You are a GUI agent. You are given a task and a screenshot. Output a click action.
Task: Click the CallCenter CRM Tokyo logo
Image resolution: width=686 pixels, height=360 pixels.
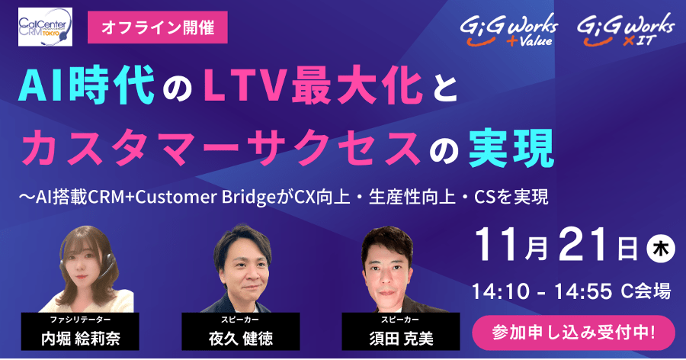[45, 27]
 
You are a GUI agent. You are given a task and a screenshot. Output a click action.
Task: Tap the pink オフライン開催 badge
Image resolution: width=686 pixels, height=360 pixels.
[158, 27]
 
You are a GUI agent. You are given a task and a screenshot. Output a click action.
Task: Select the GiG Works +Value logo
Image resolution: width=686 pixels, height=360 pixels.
[509, 30]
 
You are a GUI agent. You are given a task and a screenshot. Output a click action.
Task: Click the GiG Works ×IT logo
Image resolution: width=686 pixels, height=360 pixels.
[626, 30]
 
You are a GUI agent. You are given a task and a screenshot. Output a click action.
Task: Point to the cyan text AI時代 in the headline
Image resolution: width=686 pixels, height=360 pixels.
[87, 85]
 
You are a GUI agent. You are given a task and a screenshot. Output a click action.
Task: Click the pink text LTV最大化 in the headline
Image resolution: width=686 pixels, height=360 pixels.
[313, 85]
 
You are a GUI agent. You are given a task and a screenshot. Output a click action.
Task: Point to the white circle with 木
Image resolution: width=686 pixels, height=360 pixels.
[661, 249]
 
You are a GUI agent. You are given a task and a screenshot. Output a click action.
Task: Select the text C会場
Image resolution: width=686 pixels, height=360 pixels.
[646, 291]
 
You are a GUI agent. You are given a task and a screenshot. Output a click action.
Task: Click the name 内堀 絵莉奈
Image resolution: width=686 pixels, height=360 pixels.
[81, 339]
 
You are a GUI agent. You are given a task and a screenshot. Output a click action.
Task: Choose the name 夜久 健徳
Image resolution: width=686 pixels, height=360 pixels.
[241, 339]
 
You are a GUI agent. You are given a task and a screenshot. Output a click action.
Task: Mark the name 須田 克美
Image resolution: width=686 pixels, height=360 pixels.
[401, 339]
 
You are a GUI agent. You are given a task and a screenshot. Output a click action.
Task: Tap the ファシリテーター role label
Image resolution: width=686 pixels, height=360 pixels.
[81, 320]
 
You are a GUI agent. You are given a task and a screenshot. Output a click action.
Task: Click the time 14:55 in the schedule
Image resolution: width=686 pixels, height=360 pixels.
[583, 291]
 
